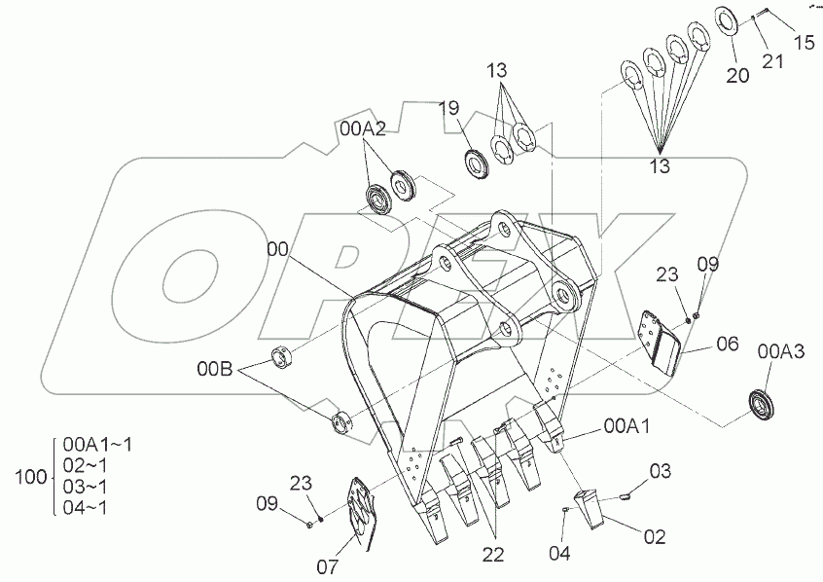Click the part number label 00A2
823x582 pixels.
363,127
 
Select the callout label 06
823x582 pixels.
728,344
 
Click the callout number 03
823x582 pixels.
661,472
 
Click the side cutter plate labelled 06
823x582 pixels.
664,342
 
